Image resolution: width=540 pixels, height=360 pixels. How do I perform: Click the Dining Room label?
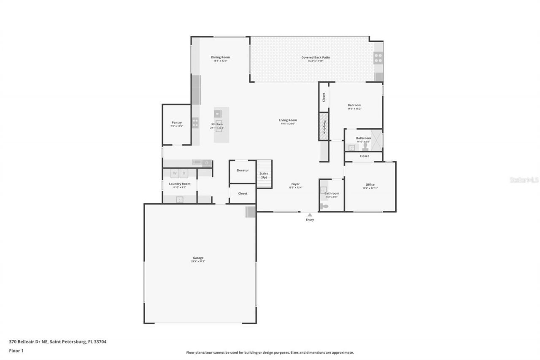point(220,57)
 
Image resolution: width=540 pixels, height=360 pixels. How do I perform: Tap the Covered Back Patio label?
point(316,57)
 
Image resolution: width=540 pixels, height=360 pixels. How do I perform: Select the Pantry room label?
point(176,123)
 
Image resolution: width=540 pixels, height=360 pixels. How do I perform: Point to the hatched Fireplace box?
point(324,126)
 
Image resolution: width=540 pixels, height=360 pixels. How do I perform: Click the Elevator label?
point(243,171)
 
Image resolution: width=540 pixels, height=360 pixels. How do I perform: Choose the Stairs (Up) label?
point(264,175)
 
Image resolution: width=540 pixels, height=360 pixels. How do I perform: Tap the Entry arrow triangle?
point(310,215)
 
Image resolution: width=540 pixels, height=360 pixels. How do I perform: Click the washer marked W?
point(175,173)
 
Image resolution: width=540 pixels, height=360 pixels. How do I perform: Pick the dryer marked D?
point(184,173)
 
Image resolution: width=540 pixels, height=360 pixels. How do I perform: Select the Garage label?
point(198,258)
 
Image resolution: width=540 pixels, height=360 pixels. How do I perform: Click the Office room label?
point(370,185)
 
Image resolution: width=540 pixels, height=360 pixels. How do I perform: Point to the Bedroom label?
point(354,105)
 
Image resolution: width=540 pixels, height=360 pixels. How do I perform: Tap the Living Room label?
point(288,120)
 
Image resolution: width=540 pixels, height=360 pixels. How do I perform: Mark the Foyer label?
point(295,184)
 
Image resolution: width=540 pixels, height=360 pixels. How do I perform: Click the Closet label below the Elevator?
point(243,194)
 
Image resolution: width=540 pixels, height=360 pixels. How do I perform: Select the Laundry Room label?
point(180,184)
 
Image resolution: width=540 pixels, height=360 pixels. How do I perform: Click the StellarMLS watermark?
point(524,180)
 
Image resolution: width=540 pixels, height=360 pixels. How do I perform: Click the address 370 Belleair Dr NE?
point(57,342)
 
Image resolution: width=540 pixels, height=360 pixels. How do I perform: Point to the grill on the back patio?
point(378,58)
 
